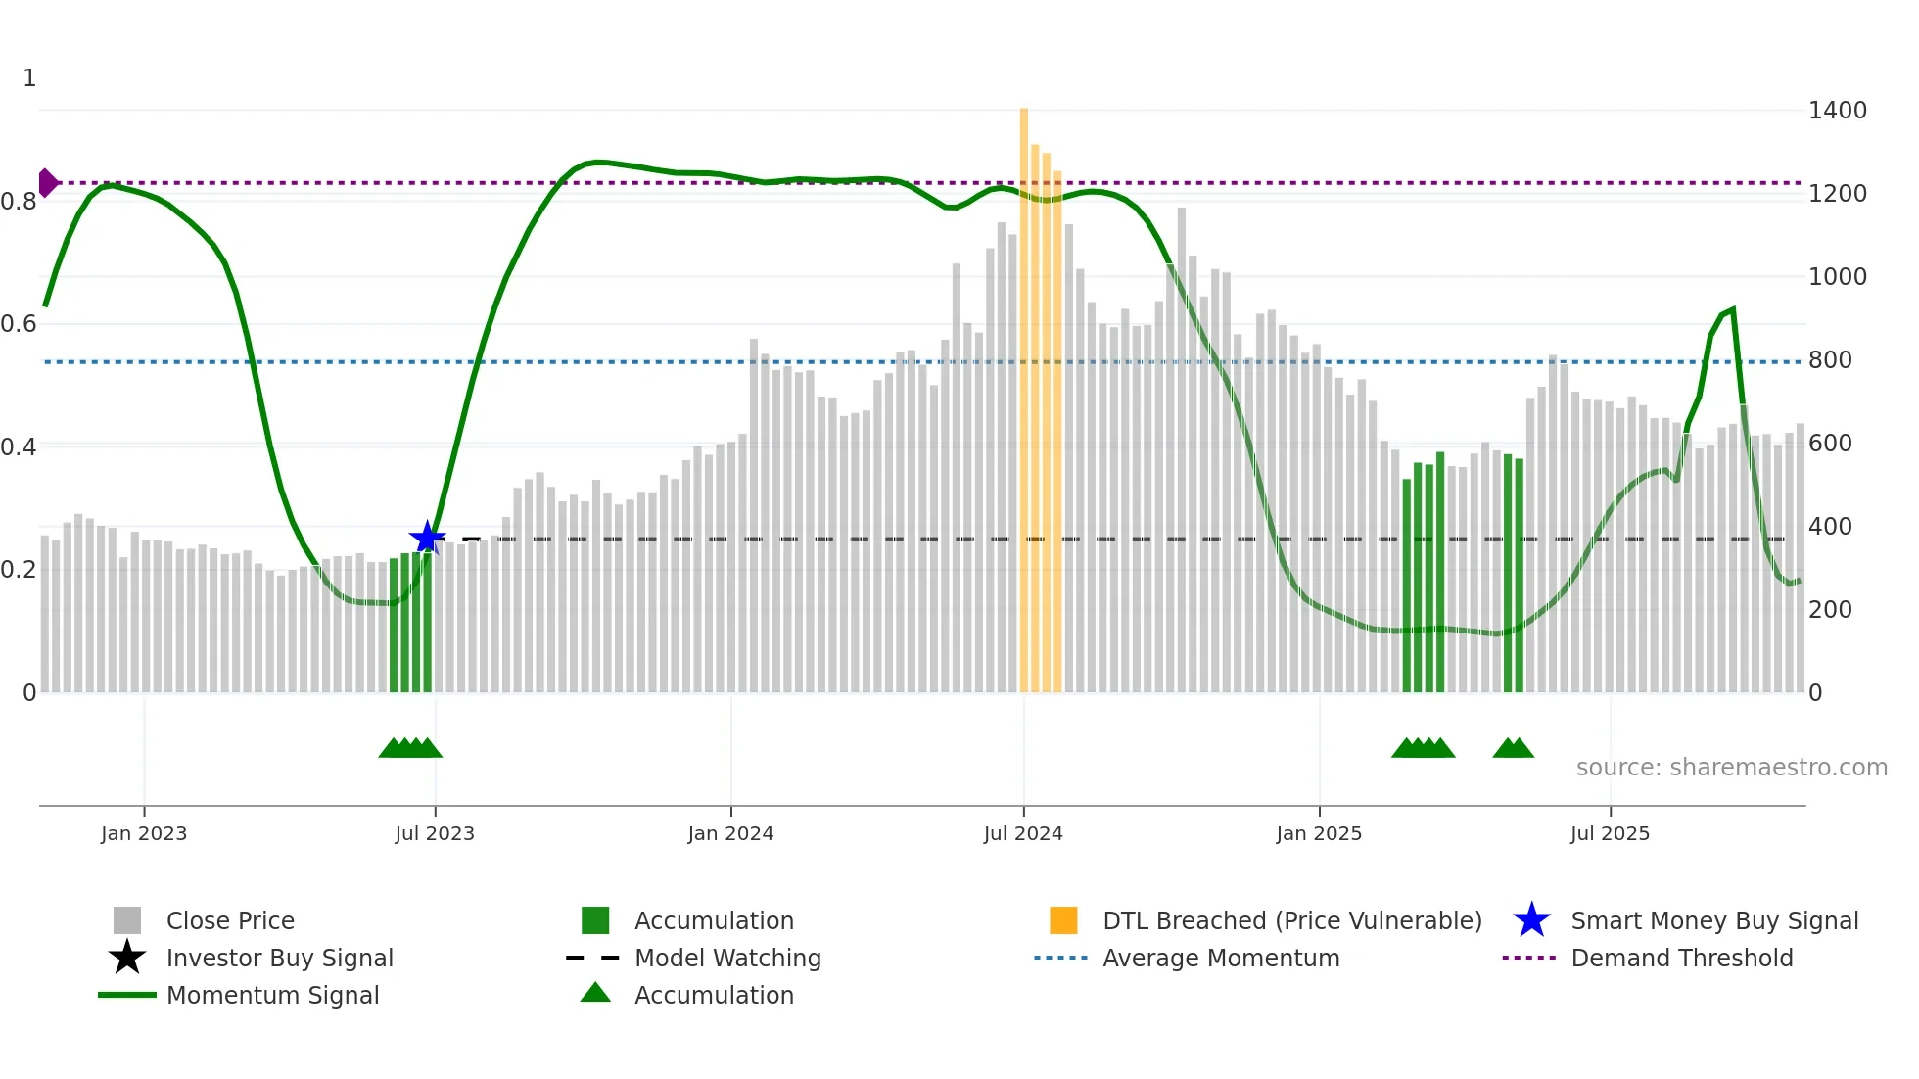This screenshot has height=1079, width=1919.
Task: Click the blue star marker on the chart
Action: pos(427,538)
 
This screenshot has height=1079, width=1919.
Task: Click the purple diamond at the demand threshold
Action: pos(47,183)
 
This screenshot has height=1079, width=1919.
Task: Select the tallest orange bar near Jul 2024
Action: pos(1024,392)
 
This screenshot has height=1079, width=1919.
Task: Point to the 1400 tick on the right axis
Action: pos(1837,111)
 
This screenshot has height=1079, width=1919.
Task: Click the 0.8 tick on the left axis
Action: pos(20,202)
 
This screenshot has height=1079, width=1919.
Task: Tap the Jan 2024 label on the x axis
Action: pos(730,834)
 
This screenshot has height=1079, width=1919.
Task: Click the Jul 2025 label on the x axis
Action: pos(1610,834)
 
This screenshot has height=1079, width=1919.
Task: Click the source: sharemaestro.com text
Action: pos(1731,768)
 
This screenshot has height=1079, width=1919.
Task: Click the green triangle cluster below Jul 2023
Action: pos(410,748)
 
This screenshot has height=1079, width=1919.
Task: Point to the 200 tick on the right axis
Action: pos(1829,610)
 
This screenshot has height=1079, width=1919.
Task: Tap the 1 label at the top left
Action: pos(29,78)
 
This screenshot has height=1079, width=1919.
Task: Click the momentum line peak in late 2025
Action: pos(1733,310)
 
